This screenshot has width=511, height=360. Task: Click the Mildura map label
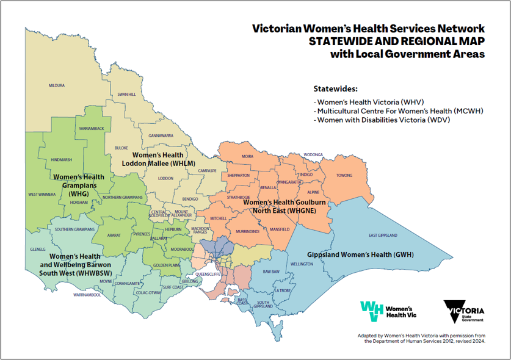[x=56, y=85]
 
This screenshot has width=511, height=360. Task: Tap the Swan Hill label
[x=126, y=95]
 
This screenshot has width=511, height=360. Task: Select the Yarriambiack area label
[x=91, y=128]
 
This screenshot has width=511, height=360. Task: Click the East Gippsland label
[x=383, y=235]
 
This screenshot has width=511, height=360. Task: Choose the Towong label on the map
[x=344, y=176]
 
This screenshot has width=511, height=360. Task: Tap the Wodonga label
[x=313, y=155]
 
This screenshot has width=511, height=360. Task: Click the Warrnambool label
[x=87, y=295]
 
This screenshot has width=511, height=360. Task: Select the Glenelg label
[x=38, y=249]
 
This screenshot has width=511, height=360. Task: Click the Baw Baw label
[x=270, y=271]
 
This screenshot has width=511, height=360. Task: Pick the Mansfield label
[x=279, y=229]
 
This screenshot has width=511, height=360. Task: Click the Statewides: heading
[x=335, y=88]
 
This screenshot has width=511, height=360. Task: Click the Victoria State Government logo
[x=466, y=311]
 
